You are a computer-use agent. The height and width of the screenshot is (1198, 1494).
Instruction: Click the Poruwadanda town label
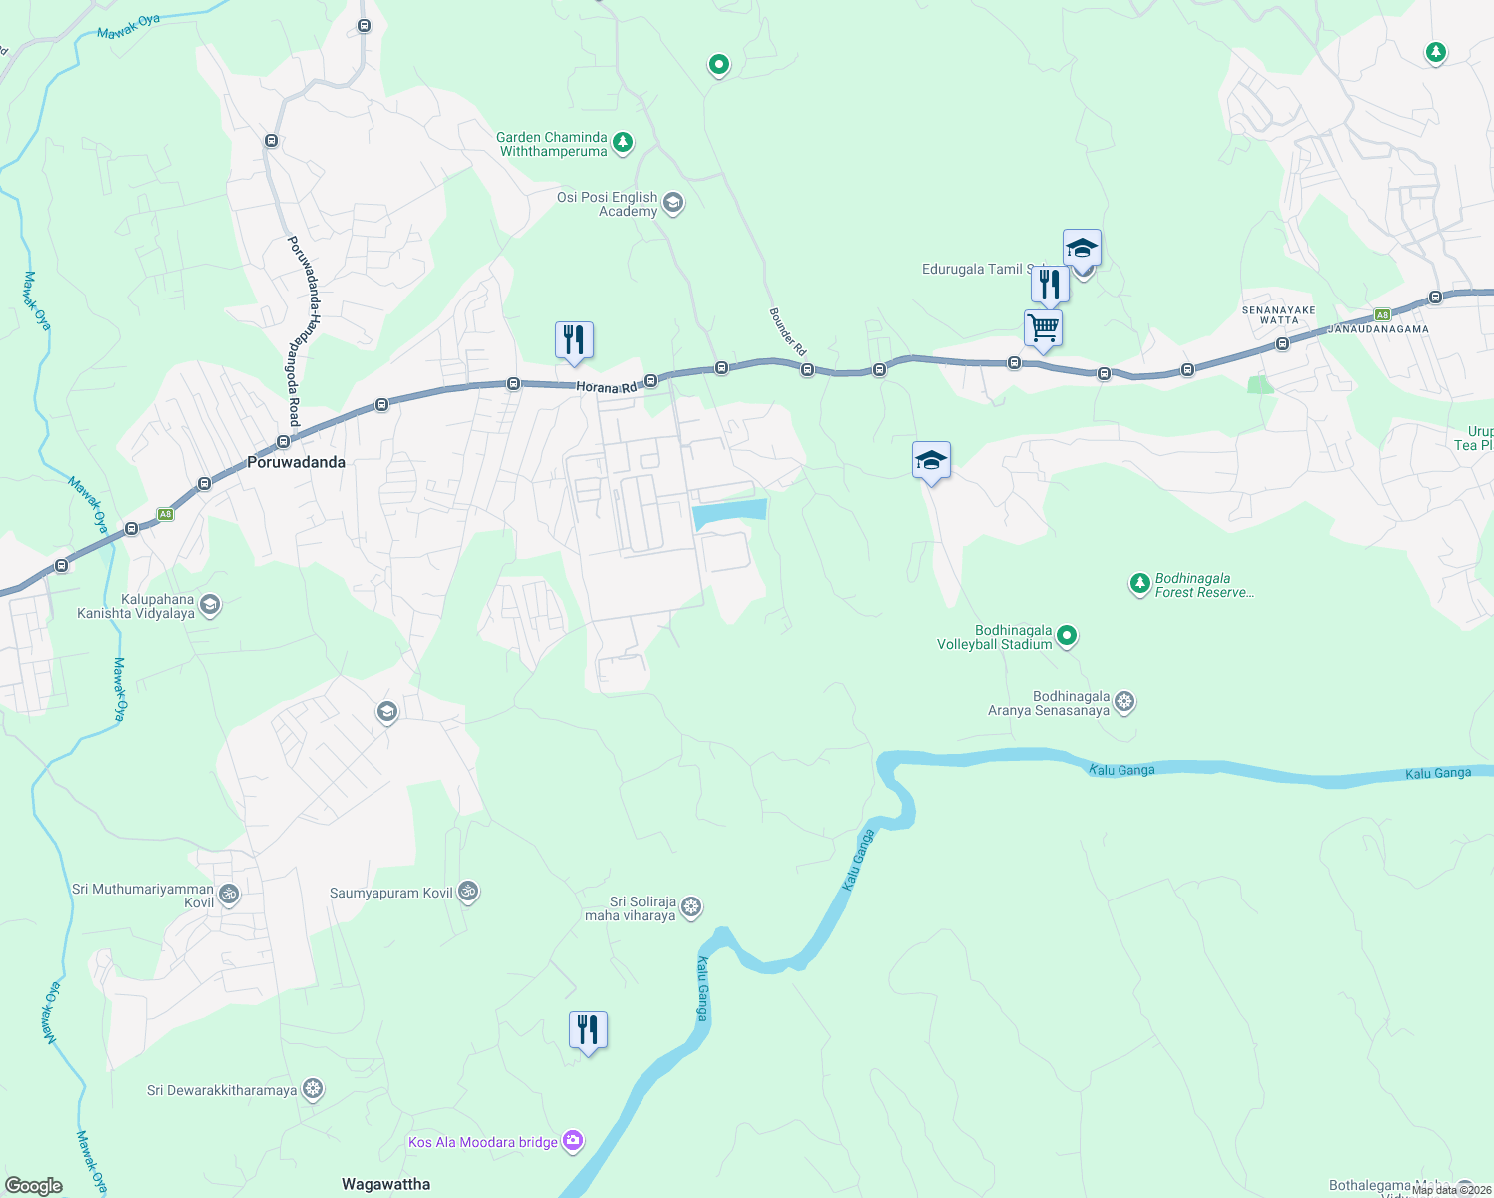click(x=296, y=462)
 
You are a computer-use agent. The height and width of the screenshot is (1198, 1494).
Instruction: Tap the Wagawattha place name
click(x=385, y=1184)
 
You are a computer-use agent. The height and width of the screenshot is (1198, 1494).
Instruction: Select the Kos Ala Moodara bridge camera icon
click(x=573, y=1141)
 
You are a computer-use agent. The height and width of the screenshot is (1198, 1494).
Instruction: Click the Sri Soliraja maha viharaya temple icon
click(x=691, y=907)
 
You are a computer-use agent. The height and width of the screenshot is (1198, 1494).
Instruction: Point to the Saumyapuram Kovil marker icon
click(x=468, y=892)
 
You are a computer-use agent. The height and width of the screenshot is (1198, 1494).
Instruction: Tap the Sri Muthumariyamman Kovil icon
click(x=229, y=894)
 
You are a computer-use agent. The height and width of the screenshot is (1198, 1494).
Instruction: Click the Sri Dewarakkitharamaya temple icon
click(x=313, y=1089)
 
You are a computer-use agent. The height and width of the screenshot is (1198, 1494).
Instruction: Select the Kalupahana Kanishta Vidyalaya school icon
click(x=210, y=605)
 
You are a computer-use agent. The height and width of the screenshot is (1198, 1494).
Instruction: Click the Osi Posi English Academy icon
click(x=673, y=203)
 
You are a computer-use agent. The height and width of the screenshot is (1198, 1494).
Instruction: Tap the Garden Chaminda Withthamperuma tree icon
click(x=623, y=143)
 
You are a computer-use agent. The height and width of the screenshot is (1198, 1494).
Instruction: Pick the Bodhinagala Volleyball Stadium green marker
click(x=1067, y=635)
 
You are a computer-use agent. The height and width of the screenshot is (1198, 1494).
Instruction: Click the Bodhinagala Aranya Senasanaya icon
click(x=1124, y=702)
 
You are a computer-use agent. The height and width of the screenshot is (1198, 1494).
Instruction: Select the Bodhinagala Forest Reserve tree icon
click(x=1139, y=584)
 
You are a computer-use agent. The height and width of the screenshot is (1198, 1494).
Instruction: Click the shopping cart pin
click(x=1043, y=327)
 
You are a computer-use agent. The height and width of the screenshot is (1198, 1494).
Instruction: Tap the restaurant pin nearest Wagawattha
click(x=588, y=1030)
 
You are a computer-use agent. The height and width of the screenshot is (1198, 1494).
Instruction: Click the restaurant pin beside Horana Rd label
click(x=574, y=340)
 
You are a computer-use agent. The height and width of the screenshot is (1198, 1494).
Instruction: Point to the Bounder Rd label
click(x=787, y=331)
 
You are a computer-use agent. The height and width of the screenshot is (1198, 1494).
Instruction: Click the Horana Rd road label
click(x=606, y=387)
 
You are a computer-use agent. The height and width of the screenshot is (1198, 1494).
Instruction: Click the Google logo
click(x=34, y=1185)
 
